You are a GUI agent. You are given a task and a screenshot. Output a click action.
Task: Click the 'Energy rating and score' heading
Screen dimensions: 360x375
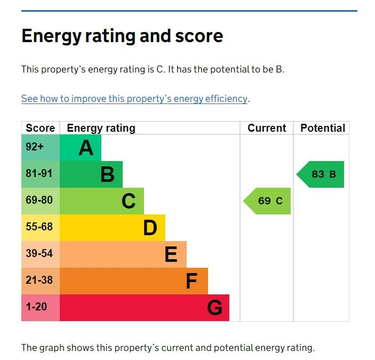122,36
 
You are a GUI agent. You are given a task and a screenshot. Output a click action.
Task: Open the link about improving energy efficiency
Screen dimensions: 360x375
134,99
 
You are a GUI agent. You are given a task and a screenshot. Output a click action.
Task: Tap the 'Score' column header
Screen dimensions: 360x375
40,128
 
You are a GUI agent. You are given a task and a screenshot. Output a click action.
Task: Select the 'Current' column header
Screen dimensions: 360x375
267,128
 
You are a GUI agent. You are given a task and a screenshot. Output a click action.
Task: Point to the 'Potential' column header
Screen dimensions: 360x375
322,128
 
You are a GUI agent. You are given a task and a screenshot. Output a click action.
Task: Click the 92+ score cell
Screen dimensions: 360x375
35,147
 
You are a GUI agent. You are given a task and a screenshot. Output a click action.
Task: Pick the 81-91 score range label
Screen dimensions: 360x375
39,174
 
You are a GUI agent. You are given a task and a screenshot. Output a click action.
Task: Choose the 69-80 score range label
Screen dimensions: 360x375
39,201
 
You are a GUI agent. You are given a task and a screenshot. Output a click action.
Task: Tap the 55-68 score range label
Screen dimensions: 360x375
39,227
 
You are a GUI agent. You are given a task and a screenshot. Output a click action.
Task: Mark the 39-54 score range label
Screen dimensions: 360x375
39,254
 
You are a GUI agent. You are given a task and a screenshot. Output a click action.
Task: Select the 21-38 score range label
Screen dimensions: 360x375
39,281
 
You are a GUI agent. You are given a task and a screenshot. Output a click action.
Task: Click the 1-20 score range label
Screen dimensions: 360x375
36,307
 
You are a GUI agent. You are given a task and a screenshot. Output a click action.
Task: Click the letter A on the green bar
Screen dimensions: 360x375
86,148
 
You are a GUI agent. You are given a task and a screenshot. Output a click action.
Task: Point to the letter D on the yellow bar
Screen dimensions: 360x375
150,228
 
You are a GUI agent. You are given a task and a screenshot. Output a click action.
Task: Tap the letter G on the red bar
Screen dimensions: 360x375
214,308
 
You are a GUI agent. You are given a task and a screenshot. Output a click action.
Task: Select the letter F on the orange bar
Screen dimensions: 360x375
191,281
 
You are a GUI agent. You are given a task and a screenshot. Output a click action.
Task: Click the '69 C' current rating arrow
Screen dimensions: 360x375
268,201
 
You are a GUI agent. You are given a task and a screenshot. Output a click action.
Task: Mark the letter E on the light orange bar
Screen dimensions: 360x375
171,254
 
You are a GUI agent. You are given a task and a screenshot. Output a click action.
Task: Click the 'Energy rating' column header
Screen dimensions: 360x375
101,128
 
